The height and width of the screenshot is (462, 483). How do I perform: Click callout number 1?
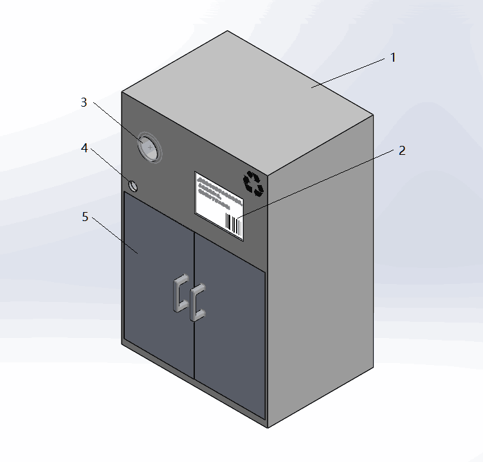(x=393, y=57)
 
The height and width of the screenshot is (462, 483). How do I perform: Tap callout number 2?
(x=402, y=151)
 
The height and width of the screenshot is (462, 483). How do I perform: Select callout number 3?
(x=84, y=102)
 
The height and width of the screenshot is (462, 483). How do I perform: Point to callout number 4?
(x=84, y=148)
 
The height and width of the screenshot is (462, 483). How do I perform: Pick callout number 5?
(x=85, y=217)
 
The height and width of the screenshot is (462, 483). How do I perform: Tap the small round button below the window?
(x=134, y=186)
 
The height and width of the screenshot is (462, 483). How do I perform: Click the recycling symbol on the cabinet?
(x=253, y=183)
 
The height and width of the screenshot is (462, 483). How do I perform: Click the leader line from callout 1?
(x=351, y=71)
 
